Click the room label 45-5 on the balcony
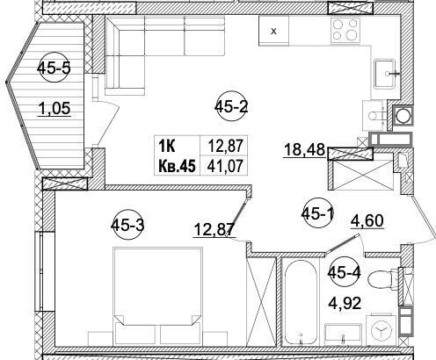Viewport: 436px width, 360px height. (x=54, y=68)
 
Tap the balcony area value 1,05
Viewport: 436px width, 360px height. (x=54, y=109)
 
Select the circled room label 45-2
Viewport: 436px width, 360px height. (x=231, y=107)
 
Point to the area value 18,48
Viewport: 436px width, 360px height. (x=304, y=150)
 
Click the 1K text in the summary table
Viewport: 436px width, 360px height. (x=167, y=146)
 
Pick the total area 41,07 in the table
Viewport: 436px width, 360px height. (x=225, y=166)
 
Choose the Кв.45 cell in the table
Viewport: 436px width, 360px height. (x=177, y=167)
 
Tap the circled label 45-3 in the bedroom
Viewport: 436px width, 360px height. (x=127, y=225)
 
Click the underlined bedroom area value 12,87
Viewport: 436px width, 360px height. (x=214, y=229)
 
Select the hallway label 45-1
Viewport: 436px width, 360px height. (x=318, y=214)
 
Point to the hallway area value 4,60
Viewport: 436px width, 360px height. (x=367, y=221)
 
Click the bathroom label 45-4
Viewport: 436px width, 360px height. (x=345, y=272)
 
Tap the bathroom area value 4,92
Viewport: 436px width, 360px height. (x=345, y=303)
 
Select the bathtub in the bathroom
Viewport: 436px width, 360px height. (x=301, y=302)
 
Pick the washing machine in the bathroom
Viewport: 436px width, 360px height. (x=381, y=330)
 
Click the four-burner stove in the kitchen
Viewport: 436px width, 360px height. (x=345, y=30)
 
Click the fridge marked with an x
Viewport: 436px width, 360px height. (x=273, y=31)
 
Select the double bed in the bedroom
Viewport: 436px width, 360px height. (x=157, y=296)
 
